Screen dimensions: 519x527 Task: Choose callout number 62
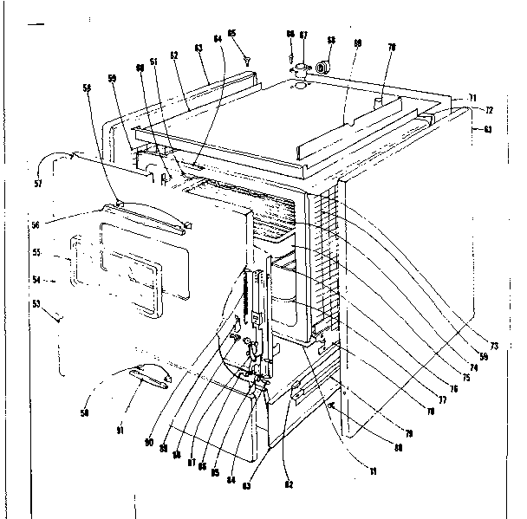[x=174, y=55]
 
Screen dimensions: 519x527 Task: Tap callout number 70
[x=391, y=49]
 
